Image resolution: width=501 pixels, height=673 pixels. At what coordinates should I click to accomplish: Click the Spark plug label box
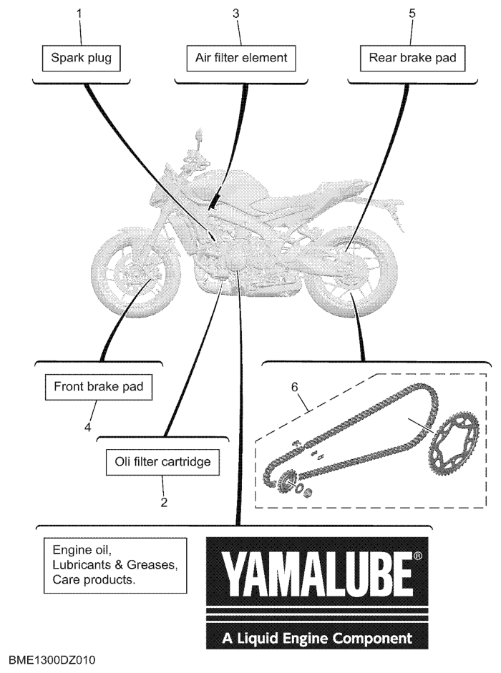tap(81, 59)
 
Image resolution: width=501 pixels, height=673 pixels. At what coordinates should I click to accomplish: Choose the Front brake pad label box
tap(98, 387)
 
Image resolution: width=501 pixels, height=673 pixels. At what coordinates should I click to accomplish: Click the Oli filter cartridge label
tap(163, 462)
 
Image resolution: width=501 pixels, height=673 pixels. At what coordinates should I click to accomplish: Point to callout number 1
tap(79, 14)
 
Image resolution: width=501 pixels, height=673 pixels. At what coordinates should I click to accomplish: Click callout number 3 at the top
tap(236, 14)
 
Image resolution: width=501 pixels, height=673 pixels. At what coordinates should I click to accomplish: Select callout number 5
tap(412, 14)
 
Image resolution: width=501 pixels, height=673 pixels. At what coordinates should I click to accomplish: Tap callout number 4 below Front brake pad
tap(87, 427)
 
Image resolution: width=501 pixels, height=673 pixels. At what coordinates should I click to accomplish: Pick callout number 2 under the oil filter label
tap(164, 502)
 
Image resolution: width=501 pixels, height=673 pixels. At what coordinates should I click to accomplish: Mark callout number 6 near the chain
tap(294, 387)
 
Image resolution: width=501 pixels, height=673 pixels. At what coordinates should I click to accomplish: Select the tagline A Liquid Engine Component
tap(317, 638)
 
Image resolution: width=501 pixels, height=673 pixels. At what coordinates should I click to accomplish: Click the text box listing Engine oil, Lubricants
tap(115, 566)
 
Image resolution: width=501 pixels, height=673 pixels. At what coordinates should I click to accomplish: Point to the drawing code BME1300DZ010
tap(52, 659)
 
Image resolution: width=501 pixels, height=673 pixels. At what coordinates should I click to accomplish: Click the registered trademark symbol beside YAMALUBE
tap(418, 556)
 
